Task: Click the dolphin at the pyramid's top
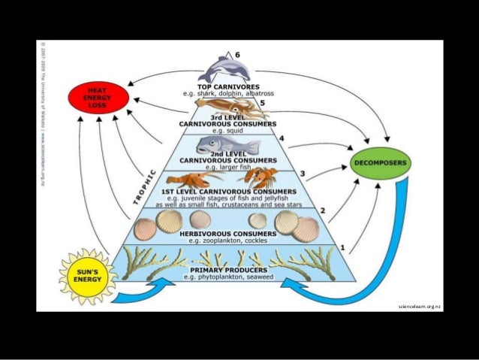[x=226, y=69]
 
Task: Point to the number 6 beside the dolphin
[x=238, y=55]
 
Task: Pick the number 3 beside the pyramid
[x=303, y=174]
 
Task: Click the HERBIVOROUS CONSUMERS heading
[x=230, y=234]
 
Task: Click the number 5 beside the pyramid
[x=262, y=103]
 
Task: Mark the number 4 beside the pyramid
[x=282, y=138]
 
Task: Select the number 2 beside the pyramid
[x=323, y=211]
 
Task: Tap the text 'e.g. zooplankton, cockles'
[x=230, y=241]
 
